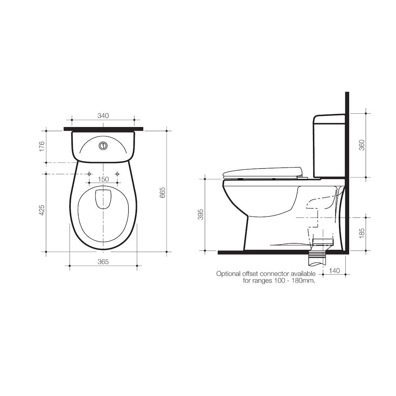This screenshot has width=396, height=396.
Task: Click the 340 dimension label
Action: click(103, 116)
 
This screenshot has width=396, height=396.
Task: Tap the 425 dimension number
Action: click(42, 210)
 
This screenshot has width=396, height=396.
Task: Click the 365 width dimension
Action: click(103, 262)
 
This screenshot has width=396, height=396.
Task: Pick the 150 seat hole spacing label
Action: click(103, 179)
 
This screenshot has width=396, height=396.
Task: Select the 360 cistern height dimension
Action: click(362, 145)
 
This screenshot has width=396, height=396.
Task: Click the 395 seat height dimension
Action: click(201, 215)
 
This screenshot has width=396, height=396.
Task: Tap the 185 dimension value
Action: click(362, 234)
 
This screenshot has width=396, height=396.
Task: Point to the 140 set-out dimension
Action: click(334, 271)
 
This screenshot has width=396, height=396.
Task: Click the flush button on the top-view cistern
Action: click(103, 145)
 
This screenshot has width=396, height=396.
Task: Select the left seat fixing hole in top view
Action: click(89, 174)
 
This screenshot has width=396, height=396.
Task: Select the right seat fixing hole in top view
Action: click(117, 174)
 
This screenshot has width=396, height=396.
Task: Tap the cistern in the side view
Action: click(329, 146)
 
